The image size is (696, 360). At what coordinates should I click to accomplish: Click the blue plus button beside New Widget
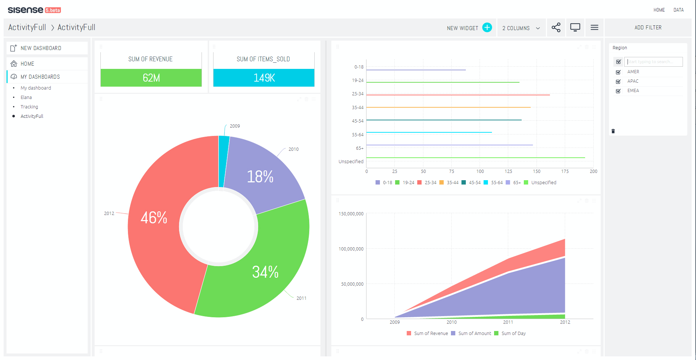(x=487, y=28)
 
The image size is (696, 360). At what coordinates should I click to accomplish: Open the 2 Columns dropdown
(x=521, y=28)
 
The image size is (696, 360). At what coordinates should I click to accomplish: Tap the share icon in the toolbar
(x=556, y=28)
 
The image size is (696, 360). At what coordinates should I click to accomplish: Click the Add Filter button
(x=648, y=28)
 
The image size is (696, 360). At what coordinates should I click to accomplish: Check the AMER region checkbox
(x=618, y=72)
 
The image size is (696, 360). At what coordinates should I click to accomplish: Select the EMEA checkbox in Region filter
(x=618, y=91)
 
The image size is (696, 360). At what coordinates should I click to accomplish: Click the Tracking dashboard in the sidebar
(x=29, y=107)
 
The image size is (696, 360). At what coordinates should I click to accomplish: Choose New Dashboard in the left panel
(x=41, y=48)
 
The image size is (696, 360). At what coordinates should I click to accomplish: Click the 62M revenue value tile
(x=151, y=78)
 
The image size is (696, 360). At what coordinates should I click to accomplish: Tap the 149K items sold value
(x=264, y=78)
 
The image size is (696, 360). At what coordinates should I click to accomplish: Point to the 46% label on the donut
(x=154, y=218)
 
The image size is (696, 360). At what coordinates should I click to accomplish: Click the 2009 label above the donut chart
(x=235, y=126)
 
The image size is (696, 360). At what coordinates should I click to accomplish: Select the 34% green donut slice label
(x=265, y=272)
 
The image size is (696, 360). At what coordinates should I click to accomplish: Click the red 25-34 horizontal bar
(x=458, y=95)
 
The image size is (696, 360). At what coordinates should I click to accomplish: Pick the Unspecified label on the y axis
(x=351, y=162)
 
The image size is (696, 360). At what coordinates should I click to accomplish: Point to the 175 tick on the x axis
(x=565, y=171)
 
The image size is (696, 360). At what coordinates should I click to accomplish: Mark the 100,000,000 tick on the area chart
(x=351, y=249)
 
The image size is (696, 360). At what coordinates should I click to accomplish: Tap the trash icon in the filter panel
(x=613, y=131)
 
